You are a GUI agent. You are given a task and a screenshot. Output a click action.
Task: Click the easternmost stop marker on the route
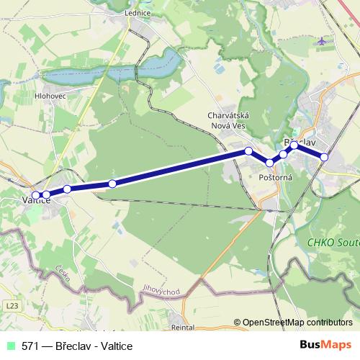coord(324,156)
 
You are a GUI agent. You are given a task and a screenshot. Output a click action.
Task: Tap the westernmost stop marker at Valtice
coord(35,195)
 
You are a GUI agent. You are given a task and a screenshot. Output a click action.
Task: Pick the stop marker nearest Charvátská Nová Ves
coord(248,151)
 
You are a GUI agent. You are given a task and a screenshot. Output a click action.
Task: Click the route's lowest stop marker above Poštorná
coord(270,163)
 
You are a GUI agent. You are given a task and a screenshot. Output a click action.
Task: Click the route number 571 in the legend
coord(30,346)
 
